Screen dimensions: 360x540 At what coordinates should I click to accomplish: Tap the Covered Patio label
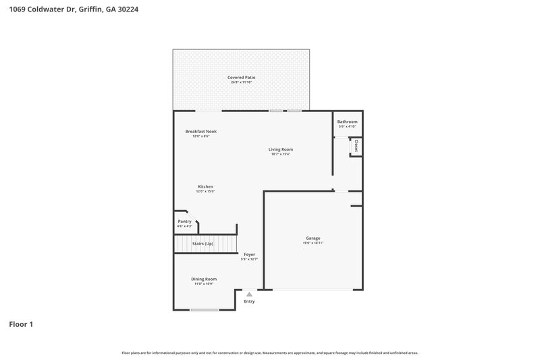[x=241, y=78]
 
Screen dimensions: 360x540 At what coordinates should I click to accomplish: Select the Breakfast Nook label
[x=200, y=131]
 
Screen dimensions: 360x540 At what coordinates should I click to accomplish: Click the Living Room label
[x=281, y=149]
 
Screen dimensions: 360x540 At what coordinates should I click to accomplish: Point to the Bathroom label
[x=347, y=122]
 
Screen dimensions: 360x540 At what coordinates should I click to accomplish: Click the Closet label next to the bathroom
[x=356, y=145]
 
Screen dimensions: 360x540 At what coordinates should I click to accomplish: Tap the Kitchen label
[x=205, y=186]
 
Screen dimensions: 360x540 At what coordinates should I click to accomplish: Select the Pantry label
[x=184, y=222]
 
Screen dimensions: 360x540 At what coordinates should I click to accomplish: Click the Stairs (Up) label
[x=202, y=243]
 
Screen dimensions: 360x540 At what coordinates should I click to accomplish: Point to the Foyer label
[x=249, y=255]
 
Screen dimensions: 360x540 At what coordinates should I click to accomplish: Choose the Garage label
[x=313, y=238]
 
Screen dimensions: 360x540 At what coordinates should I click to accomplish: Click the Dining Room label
[x=204, y=279]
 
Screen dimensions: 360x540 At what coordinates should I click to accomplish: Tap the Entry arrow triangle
[x=249, y=294]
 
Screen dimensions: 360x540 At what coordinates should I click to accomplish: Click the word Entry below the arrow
[x=249, y=301]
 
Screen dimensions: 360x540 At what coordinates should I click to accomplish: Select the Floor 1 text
[x=21, y=324]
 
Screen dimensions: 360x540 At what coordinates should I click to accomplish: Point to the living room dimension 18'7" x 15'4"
[x=281, y=154]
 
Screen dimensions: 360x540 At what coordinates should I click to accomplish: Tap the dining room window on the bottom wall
[x=204, y=310]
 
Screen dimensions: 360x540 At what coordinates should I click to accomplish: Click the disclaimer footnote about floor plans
[x=269, y=353]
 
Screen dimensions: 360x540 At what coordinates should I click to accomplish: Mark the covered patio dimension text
[x=241, y=82]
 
